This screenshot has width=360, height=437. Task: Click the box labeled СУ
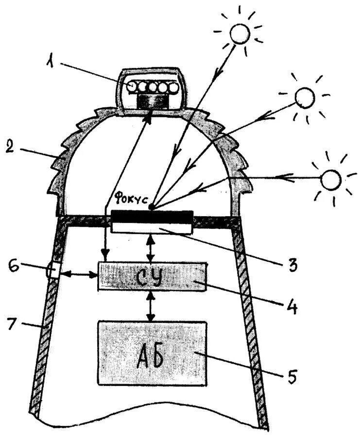152,276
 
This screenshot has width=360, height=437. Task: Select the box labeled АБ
152,353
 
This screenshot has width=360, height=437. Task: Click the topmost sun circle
240,33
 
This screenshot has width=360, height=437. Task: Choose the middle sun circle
305,97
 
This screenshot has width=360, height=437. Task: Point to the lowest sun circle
331,179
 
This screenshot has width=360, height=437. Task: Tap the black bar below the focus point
151,216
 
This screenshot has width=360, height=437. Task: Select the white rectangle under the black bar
151,226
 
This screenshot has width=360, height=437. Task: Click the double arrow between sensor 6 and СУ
79,275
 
